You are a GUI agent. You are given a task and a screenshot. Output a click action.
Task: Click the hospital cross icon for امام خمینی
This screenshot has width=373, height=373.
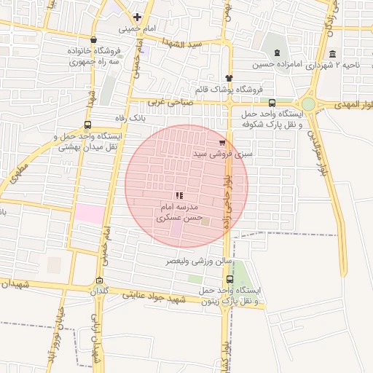pos(137,17)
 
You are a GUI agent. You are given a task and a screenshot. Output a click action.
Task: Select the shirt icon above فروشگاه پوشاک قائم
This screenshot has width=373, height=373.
pos(229,77)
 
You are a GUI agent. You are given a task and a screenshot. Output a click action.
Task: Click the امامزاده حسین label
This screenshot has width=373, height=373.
pos(276,65)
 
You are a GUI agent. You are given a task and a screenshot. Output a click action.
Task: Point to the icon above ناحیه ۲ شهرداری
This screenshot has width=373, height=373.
pos(332,54)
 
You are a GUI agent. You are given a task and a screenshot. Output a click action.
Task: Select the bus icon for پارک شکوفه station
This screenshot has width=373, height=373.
pos(272,103)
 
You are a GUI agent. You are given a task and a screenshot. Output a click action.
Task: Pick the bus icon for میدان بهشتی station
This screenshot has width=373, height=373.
pos(88,125)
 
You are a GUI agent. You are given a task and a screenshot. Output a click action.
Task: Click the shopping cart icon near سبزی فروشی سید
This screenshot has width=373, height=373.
pos(222,143)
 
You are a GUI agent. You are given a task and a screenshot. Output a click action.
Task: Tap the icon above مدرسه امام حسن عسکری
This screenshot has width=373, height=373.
pos(179,195)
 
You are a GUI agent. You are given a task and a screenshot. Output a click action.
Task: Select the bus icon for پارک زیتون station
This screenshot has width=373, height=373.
pos(230,279)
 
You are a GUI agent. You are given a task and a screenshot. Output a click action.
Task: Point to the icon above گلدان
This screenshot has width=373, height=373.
pos(99,280)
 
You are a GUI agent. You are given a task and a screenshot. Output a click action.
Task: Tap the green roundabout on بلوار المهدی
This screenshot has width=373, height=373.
pos(309,104)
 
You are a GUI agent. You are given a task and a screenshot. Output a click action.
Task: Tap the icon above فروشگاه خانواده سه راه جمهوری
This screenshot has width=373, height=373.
pos(93,41)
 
